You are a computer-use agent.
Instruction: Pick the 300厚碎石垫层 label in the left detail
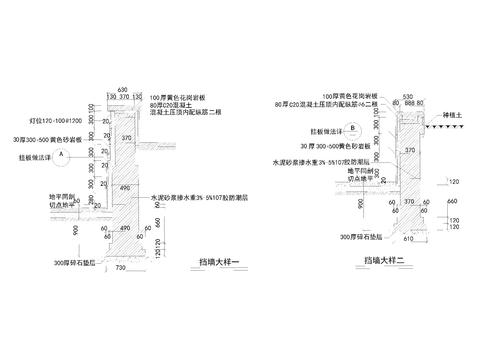(67, 261)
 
